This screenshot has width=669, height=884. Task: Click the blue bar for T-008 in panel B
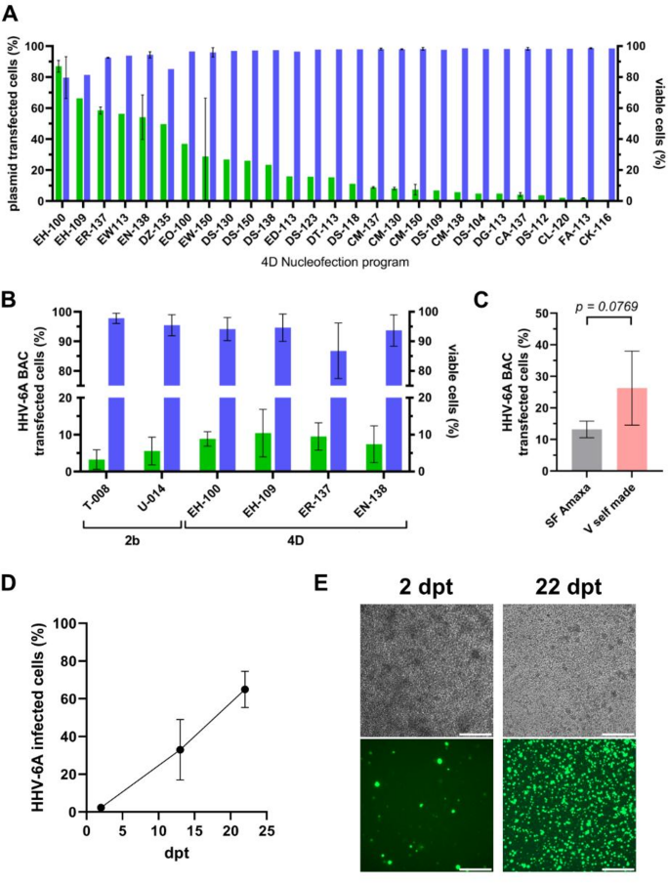click(115, 391)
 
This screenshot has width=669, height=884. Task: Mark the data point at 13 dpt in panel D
click(180, 749)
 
